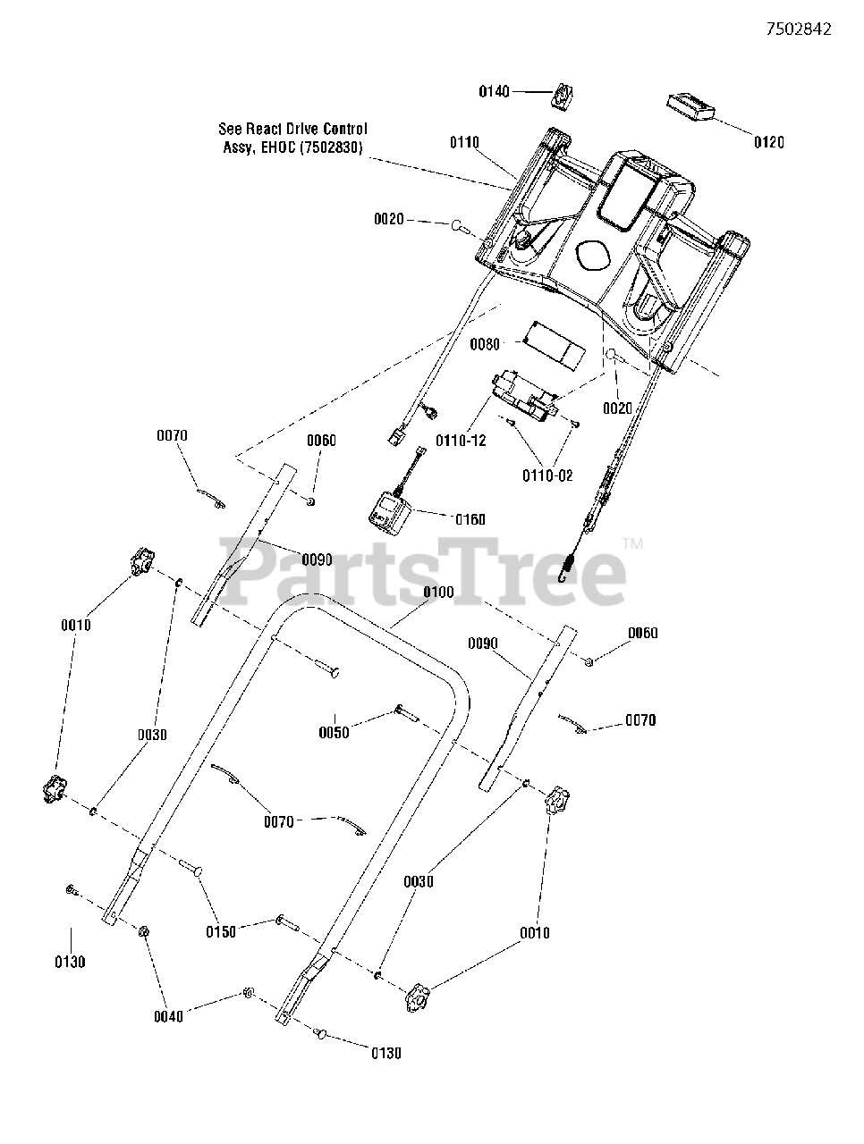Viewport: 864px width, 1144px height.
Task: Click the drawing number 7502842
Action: click(x=799, y=29)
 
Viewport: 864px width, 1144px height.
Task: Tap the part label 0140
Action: click(x=494, y=91)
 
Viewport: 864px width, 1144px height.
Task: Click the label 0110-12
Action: click(x=461, y=441)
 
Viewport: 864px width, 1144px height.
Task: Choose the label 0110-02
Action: click(x=547, y=475)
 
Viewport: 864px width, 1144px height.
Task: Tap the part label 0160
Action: click(x=470, y=519)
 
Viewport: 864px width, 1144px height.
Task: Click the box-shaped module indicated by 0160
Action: click(x=385, y=514)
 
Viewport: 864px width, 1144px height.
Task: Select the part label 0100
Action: click(x=438, y=593)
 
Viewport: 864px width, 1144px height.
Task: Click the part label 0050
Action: click(x=334, y=734)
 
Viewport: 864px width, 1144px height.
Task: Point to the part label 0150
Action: click(x=221, y=931)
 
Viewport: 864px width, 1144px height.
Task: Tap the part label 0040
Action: click(x=168, y=1016)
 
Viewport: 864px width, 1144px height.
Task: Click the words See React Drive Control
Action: click(x=292, y=130)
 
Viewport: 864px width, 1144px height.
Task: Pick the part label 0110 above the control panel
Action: click(x=464, y=142)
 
